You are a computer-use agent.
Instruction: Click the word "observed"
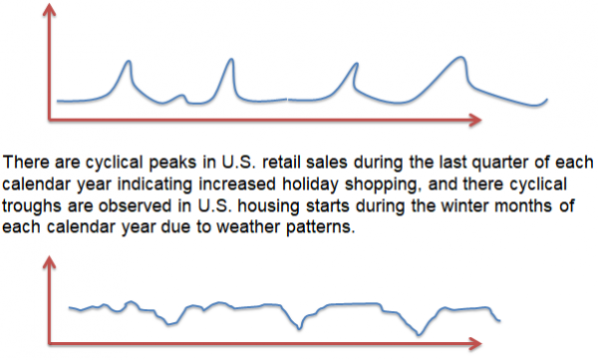tap(135, 207)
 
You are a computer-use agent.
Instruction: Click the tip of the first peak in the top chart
tap(127, 62)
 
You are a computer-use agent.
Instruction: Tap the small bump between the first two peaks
tap(180, 96)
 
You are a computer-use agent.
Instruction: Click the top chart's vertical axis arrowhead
tap(46, 11)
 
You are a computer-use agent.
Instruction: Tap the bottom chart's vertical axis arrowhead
tap(46, 262)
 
